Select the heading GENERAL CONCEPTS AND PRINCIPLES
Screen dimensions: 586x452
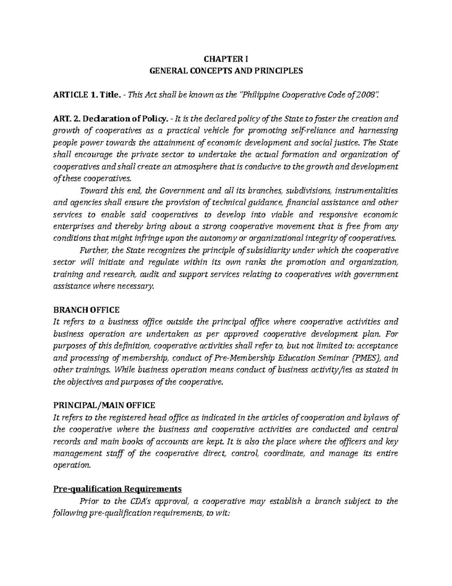click(x=226, y=71)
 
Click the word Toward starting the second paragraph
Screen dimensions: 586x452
click(x=91, y=191)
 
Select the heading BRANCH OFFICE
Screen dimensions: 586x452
click(x=86, y=310)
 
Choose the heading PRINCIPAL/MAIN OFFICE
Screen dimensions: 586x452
click(x=104, y=406)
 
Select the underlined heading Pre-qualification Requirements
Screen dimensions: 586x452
click(x=118, y=489)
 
